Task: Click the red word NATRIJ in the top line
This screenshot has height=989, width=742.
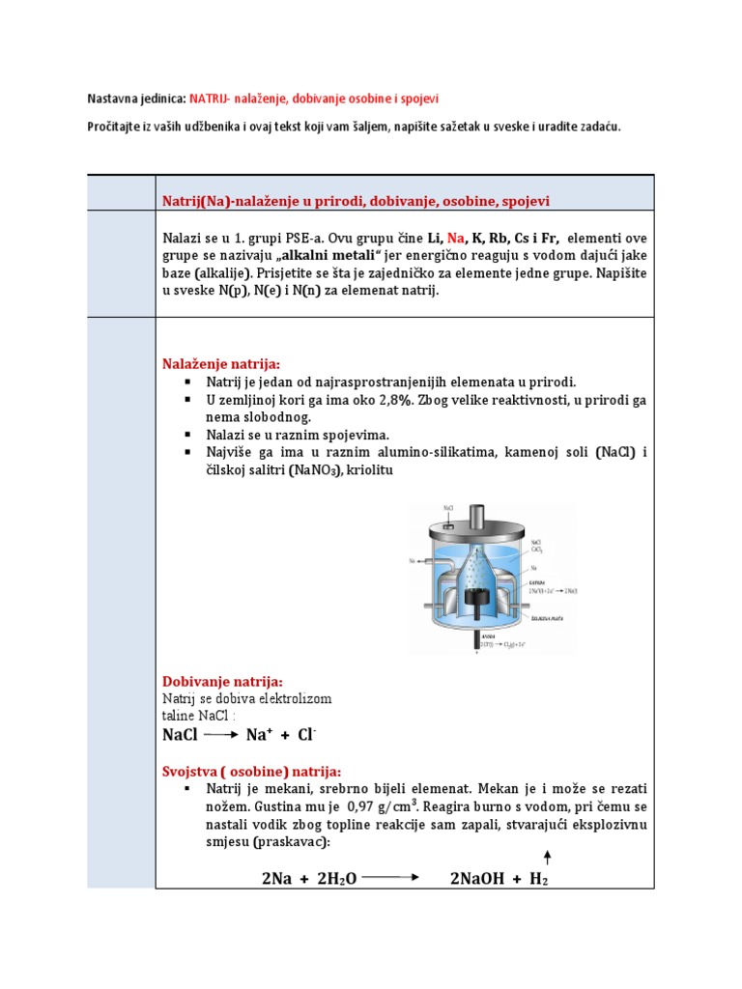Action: click(211, 99)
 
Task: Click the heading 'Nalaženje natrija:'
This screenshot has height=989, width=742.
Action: click(220, 363)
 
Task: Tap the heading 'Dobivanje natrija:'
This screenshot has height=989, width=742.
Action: click(222, 681)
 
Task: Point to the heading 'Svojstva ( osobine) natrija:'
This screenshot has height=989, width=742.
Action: click(251, 771)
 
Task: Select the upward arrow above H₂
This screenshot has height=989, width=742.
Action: click(548, 857)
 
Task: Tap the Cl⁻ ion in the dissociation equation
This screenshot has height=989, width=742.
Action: click(306, 735)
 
